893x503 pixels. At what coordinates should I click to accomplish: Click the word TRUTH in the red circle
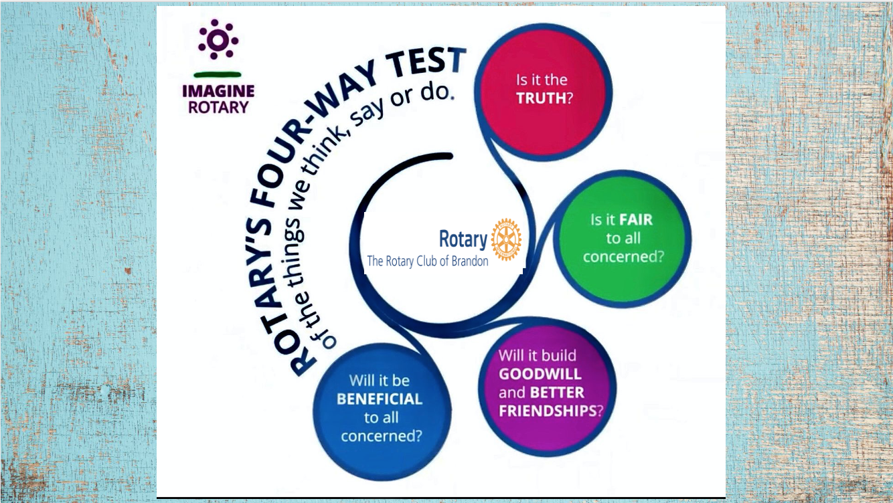[541, 98]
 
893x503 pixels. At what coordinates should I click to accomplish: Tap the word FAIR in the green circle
[635, 219]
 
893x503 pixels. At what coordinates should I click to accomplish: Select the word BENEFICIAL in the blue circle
[380, 399]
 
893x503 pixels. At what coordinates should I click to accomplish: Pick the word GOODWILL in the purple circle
[540, 374]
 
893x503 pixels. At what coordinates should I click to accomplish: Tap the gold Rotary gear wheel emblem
[506, 239]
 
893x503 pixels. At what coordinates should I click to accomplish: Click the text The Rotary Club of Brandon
[427, 262]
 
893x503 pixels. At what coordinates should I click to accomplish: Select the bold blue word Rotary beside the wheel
[463, 239]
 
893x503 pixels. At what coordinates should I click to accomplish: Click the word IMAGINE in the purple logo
[218, 92]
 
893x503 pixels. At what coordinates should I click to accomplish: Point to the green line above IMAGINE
[218, 74]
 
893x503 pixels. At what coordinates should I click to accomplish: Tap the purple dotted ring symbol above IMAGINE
[218, 40]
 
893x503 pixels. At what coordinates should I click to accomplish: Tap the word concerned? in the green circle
[623, 257]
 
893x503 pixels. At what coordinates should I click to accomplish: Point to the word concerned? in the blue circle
[381, 436]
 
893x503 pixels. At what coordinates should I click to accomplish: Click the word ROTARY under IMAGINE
[218, 107]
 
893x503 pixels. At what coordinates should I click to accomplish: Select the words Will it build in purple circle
[537, 355]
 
